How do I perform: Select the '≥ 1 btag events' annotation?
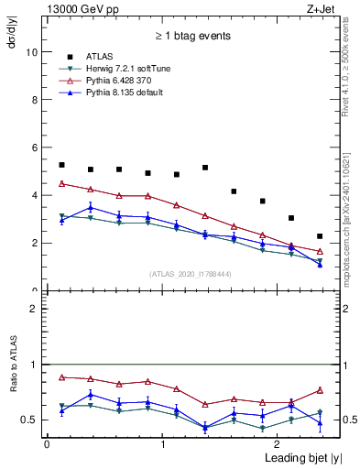pyautogui.click(x=191, y=37)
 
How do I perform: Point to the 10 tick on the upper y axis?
pyautogui.click(x=34, y=52)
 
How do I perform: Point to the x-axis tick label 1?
pyautogui.click(x=162, y=443)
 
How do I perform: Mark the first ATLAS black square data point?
pyautogui.click(x=61, y=165)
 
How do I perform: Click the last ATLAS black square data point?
pyautogui.click(x=320, y=236)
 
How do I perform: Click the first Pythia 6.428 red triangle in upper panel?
pyautogui.click(x=61, y=183)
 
